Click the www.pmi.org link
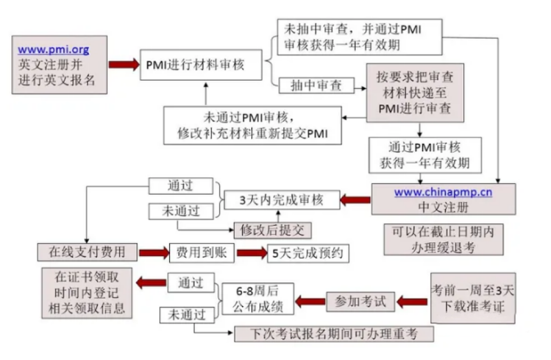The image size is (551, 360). [53, 50]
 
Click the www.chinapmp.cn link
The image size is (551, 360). [443, 192]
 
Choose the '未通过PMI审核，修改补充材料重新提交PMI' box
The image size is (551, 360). [252, 125]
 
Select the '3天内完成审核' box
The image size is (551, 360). [281, 200]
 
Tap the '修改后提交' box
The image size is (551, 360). [273, 230]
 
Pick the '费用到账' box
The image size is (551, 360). [202, 253]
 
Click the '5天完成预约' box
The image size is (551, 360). [308, 253]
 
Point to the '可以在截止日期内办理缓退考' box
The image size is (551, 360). [443, 239]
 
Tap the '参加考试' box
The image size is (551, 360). [360, 301]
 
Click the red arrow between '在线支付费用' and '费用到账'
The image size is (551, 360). [153, 252]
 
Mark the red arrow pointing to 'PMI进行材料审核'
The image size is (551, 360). [123, 65]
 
